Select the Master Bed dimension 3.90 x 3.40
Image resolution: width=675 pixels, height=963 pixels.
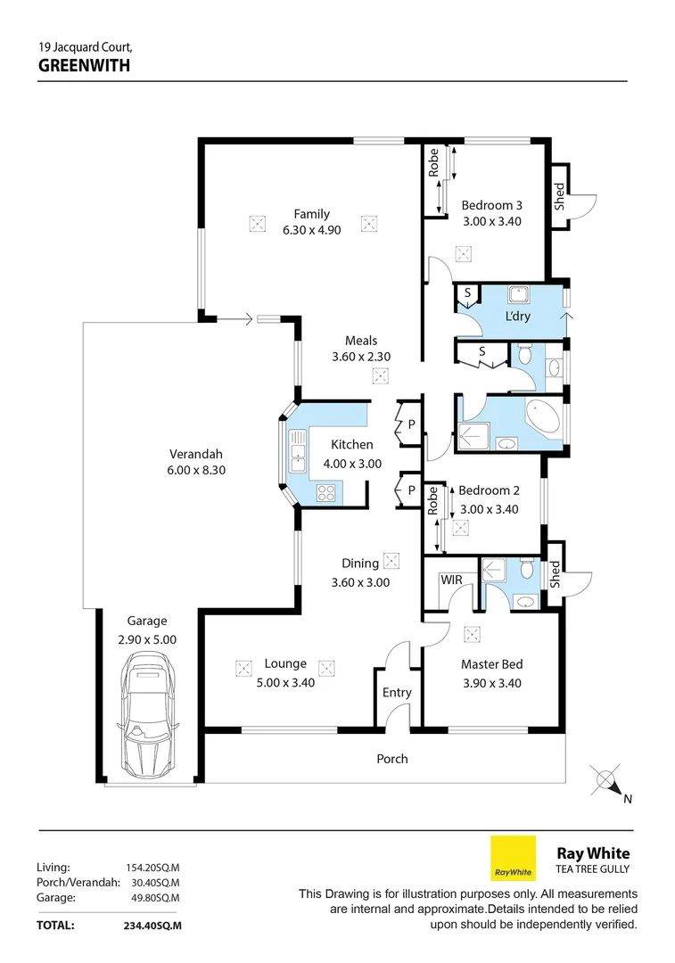pyautogui.click(x=491, y=684)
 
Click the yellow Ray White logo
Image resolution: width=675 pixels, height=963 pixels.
pyautogui.click(x=514, y=858)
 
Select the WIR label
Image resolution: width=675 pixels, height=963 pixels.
pyautogui.click(x=451, y=580)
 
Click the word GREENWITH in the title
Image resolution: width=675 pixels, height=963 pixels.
pyautogui.click(x=85, y=65)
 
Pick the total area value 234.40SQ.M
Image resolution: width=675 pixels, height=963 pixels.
pyautogui.click(x=152, y=926)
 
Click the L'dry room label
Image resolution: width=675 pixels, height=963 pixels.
pyautogui.click(x=518, y=317)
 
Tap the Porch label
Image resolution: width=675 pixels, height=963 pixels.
pyautogui.click(x=392, y=759)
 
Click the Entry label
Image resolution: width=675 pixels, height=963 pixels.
pyautogui.click(x=397, y=693)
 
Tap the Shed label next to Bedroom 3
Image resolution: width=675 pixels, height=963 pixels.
pyautogui.click(x=560, y=196)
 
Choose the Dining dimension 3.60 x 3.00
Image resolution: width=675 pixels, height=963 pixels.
pyautogui.click(x=360, y=583)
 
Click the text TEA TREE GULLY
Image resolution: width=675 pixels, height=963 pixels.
pyautogui.click(x=593, y=869)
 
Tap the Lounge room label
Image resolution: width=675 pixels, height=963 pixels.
pyautogui.click(x=285, y=663)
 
